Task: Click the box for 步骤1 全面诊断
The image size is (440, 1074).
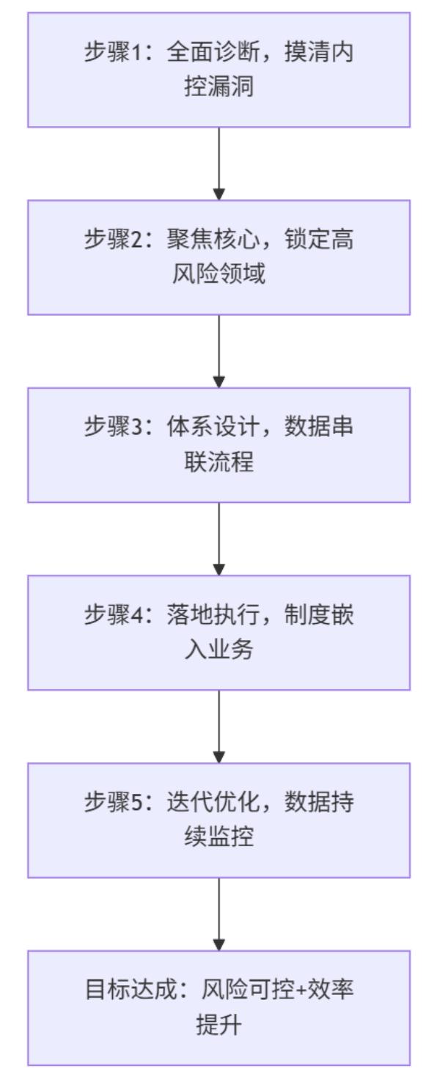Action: pyautogui.click(x=219, y=70)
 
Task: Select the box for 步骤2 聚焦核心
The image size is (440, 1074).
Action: pyautogui.click(x=219, y=257)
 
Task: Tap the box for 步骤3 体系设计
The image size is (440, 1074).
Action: pyautogui.click(x=219, y=445)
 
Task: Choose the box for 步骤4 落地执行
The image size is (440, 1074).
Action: pyautogui.click(x=219, y=633)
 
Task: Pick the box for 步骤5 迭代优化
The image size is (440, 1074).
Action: pyautogui.click(x=219, y=820)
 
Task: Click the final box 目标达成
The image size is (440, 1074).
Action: pyautogui.click(x=219, y=1007)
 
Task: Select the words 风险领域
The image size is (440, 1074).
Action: pyautogui.click(x=219, y=274)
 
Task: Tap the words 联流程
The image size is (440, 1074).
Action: pyautogui.click(x=219, y=462)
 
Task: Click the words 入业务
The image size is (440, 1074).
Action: pyautogui.click(x=219, y=650)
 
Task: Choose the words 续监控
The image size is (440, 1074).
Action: pyautogui.click(x=219, y=837)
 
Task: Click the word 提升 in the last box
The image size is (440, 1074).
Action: pyautogui.click(x=219, y=1025)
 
